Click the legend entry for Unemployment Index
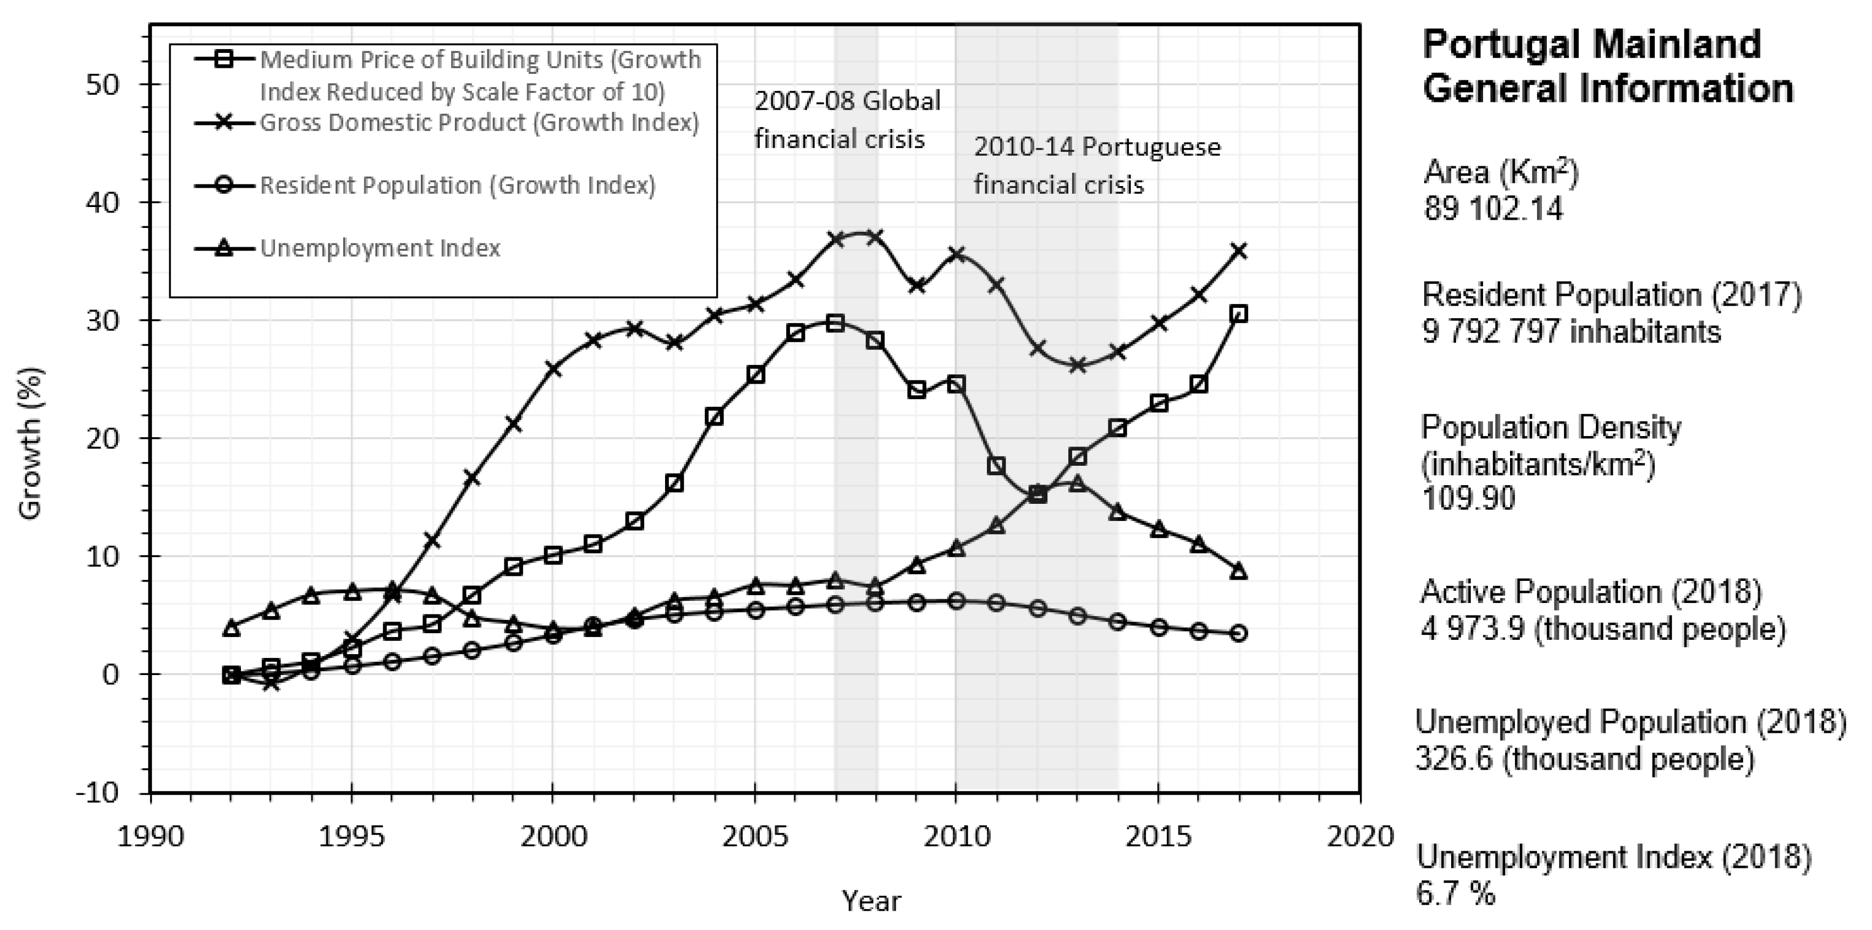tap(380, 248)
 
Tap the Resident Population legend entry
tap(457, 186)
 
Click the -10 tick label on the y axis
tap(97, 792)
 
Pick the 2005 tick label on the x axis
tap(755, 836)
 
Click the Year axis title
tap(871, 901)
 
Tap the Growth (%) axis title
tap(30, 444)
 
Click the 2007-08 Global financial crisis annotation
tap(847, 119)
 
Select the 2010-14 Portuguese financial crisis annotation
tap(1096, 166)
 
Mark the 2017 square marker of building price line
tap(1239, 314)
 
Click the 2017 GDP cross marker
tap(1239, 251)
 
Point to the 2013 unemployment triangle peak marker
tap(1078, 483)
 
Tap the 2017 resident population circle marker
tap(1239, 633)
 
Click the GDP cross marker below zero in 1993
tap(271, 683)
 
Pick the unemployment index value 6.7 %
tap(1456, 894)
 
